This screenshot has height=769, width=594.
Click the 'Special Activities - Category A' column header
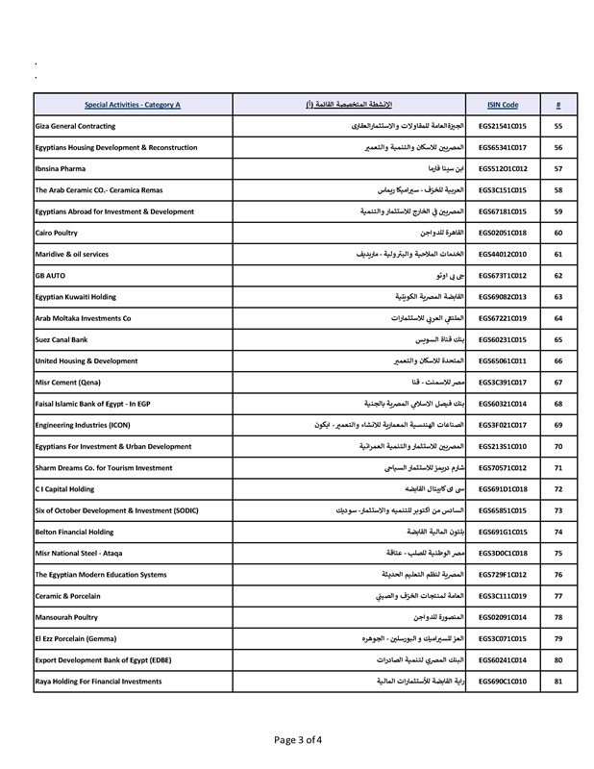[132, 105]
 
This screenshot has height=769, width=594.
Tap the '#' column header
[558, 105]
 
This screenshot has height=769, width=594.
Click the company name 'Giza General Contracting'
[75, 126]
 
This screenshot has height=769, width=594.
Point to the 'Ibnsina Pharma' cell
[61, 168]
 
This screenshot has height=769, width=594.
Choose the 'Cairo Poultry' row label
[57, 233]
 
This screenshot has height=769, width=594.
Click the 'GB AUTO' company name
[50, 275]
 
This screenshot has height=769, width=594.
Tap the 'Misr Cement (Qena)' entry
[66, 382]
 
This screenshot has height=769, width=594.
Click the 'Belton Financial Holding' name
[77, 532]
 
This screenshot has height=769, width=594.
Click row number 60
[558, 233]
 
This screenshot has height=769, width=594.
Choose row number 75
[558, 553]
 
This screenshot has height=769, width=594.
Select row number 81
[558, 681]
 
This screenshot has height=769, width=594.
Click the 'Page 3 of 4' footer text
[297, 740]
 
